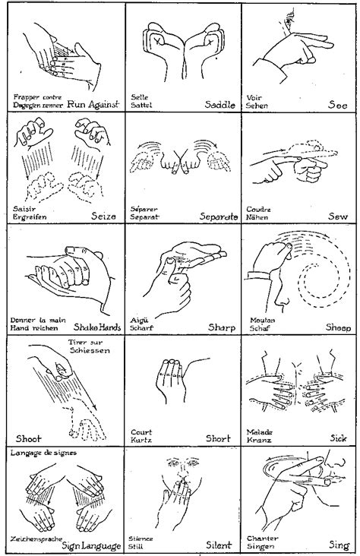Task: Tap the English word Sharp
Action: pyautogui.click(x=221, y=327)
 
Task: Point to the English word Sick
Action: pyautogui.click(x=339, y=438)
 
